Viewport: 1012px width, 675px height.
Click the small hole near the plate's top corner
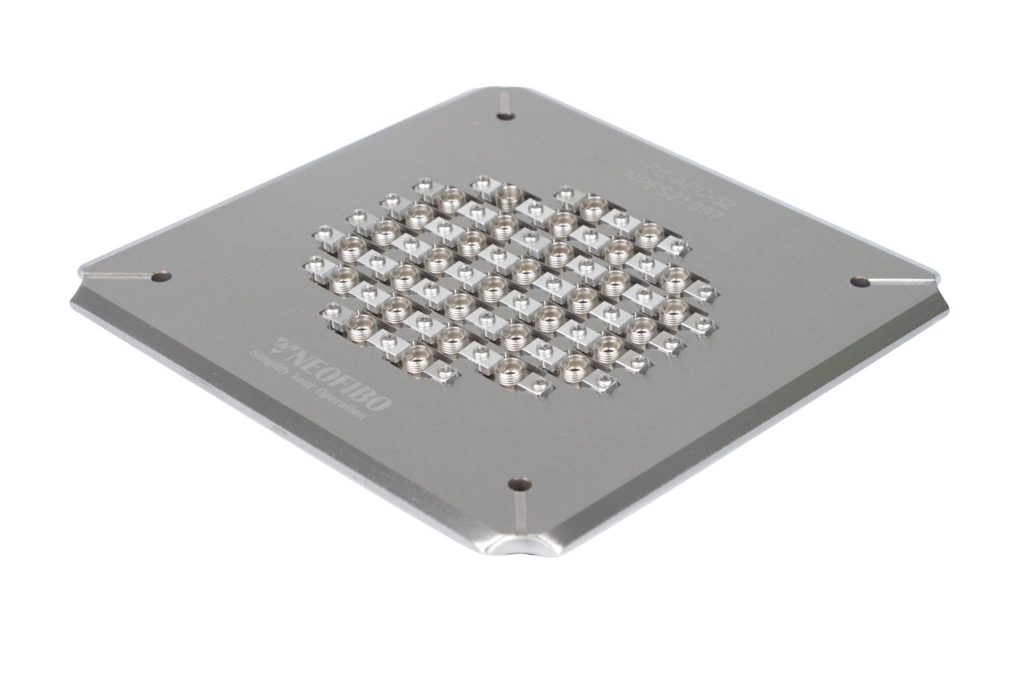click(x=507, y=117)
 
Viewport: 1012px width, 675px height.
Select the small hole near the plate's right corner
click(x=860, y=282)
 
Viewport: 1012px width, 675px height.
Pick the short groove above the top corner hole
click(x=504, y=100)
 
